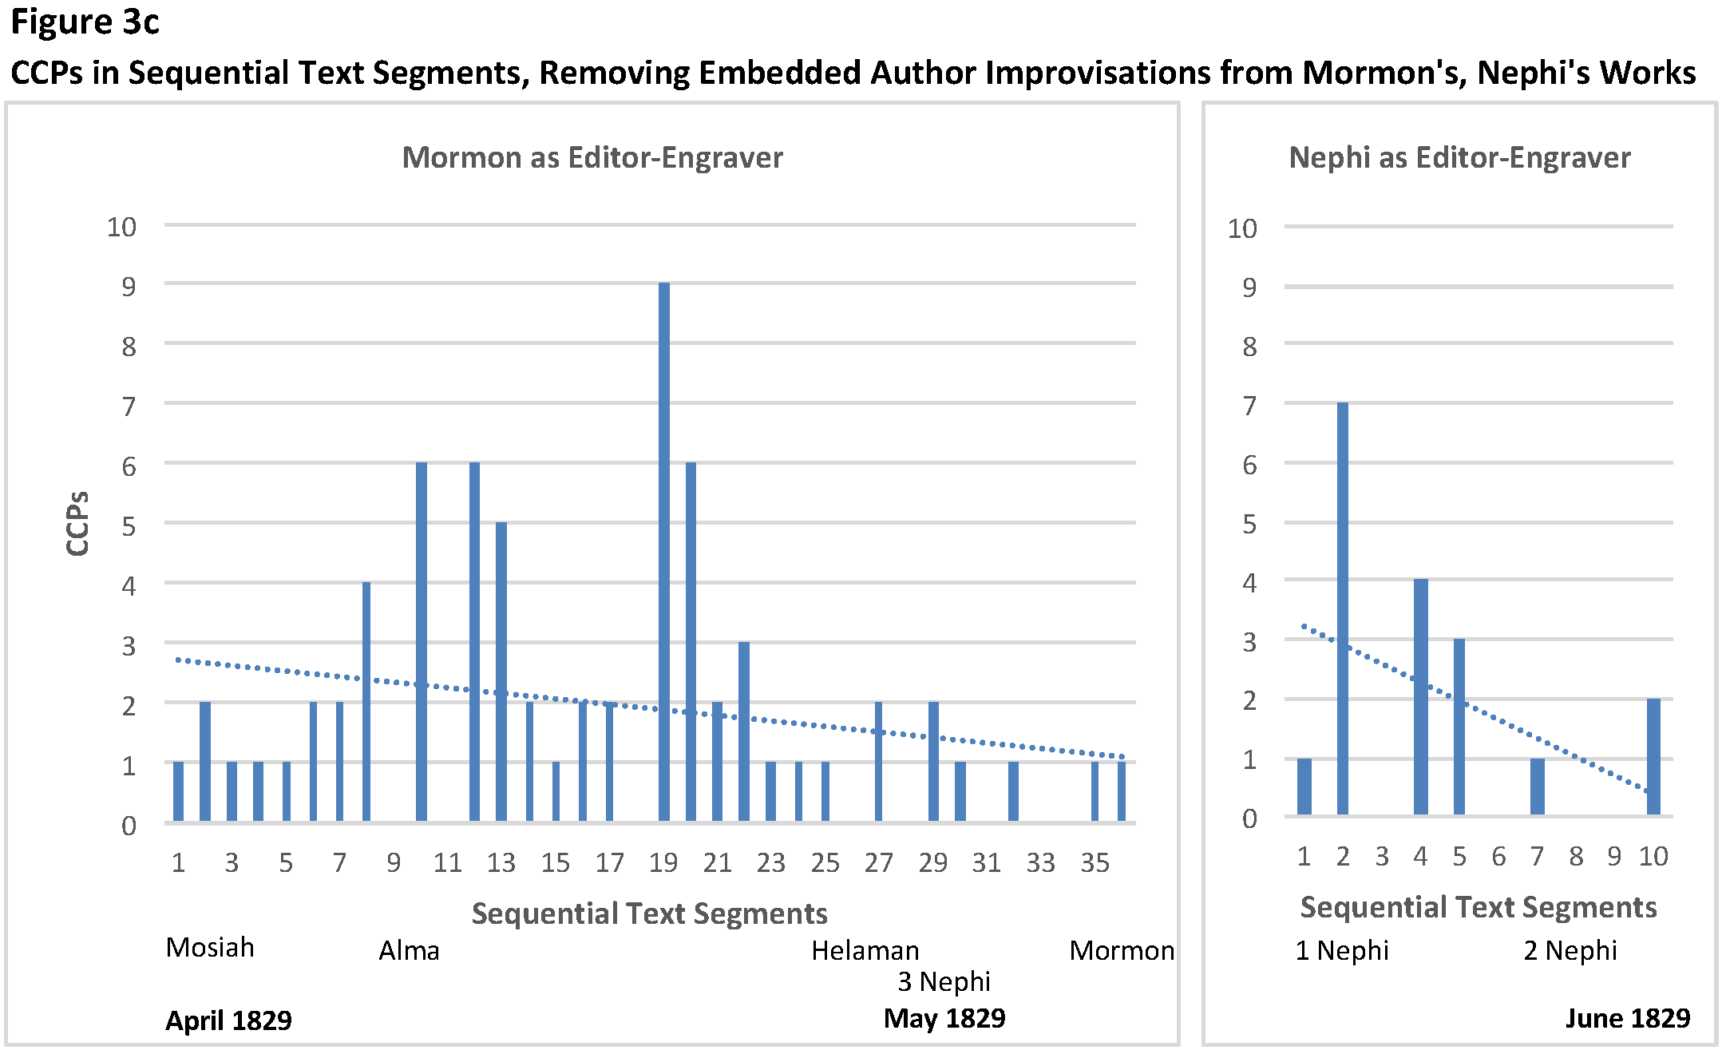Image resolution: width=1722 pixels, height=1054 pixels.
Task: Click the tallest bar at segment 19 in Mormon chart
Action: point(663,551)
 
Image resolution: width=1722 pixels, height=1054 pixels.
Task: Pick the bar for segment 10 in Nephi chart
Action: point(1653,756)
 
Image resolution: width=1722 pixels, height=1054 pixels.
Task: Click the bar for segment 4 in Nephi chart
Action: point(1420,696)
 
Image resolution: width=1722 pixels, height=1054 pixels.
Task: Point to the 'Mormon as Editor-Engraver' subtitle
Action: point(592,157)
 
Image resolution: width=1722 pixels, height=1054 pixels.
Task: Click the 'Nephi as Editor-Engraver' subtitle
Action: point(1459,157)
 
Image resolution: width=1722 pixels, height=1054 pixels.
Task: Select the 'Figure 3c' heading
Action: point(85,22)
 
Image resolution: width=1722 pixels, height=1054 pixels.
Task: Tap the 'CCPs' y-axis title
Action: point(77,524)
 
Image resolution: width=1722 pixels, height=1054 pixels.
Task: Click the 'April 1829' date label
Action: point(228,1020)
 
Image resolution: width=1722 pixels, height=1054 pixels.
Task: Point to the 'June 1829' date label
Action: point(1627,1019)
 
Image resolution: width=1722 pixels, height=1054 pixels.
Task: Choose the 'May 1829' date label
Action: point(944,1019)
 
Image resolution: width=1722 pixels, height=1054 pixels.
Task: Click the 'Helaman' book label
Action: point(865,950)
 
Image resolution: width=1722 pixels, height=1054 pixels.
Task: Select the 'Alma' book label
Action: point(409,950)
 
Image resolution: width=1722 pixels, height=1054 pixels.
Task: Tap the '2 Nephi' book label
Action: point(1570,950)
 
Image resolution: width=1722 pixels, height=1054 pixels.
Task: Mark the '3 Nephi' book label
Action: point(944,981)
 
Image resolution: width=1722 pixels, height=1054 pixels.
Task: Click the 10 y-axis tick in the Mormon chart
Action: point(122,227)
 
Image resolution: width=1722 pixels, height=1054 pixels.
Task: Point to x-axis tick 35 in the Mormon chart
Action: point(1095,862)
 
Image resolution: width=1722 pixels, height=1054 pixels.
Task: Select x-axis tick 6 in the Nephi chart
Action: point(1498,857)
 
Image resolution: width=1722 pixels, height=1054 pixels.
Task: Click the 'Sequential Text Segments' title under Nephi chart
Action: point(1479,907)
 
